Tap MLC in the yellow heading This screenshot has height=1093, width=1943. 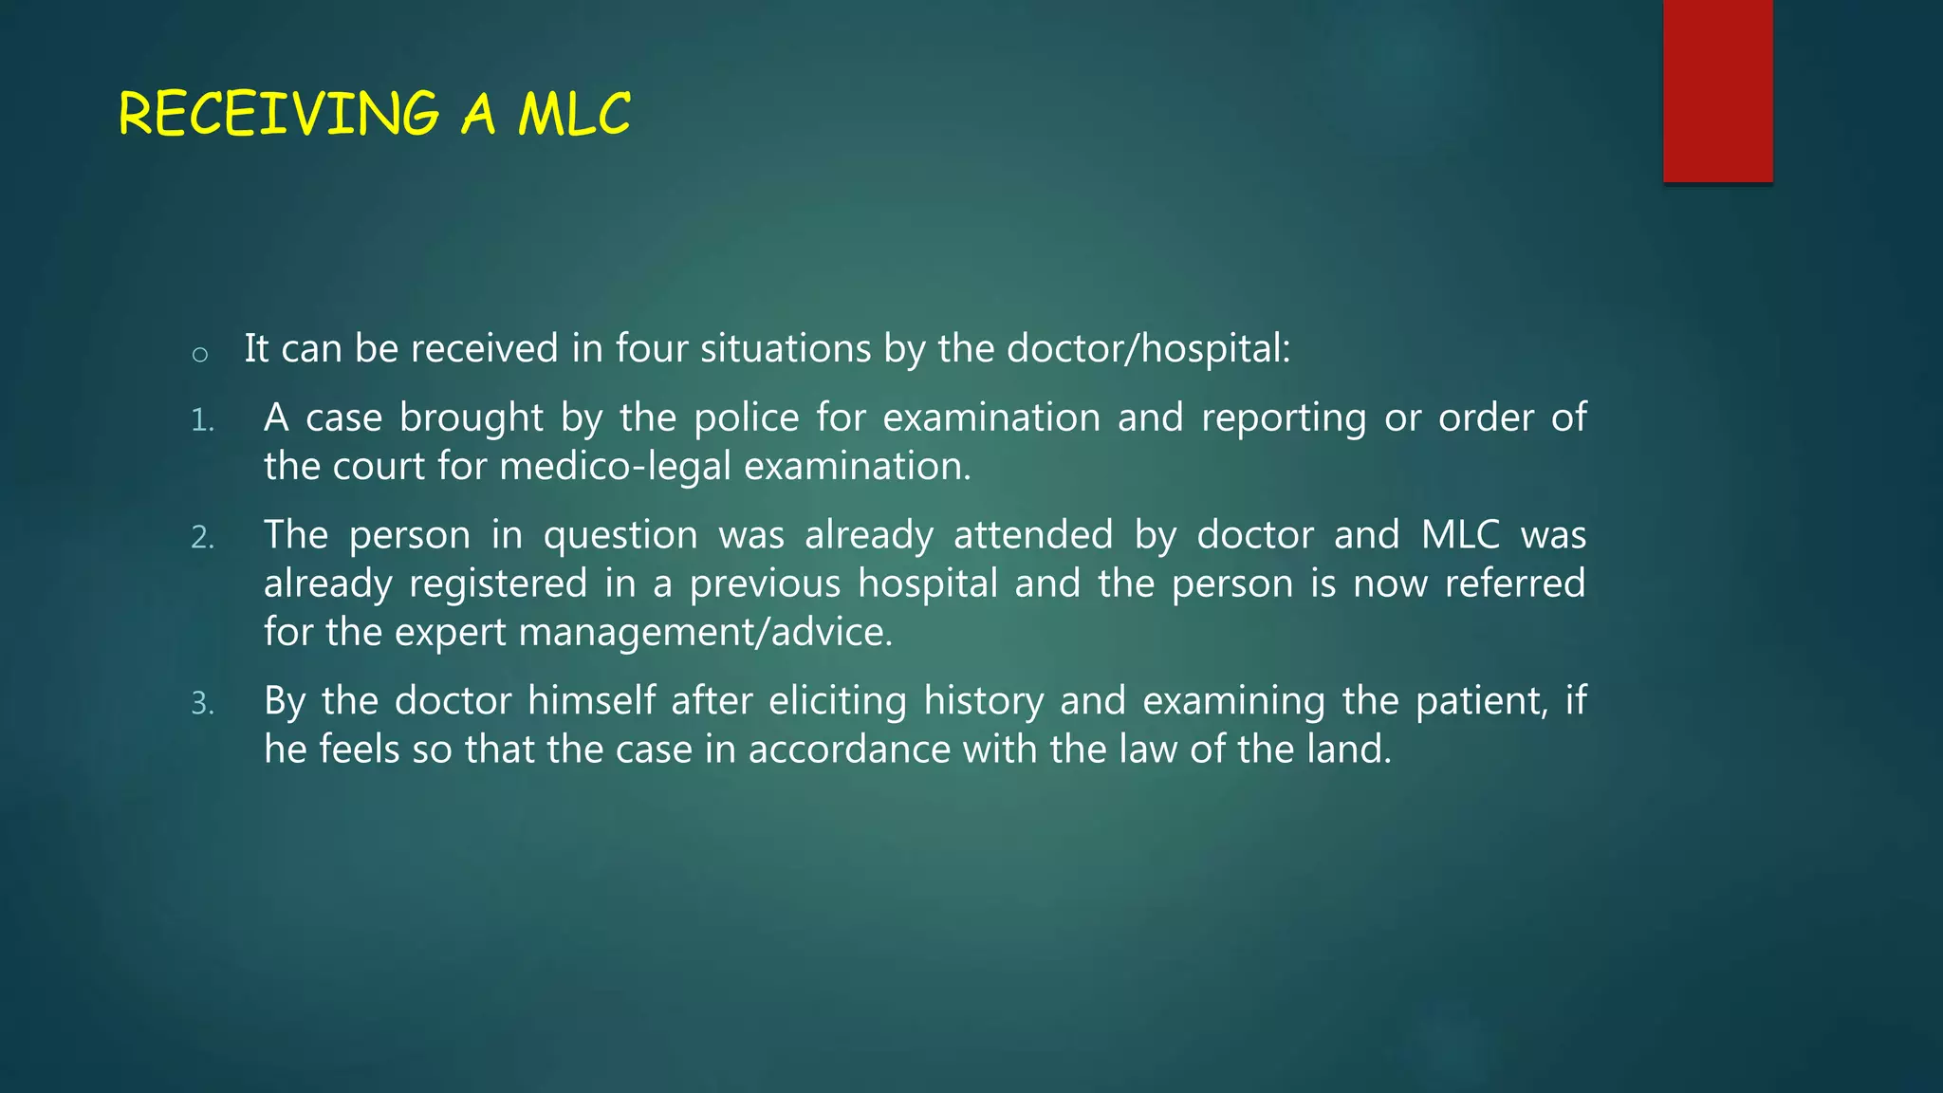pos(574,114)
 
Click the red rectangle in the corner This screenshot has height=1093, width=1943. pos(1717,91)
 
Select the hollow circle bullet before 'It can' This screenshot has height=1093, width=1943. pos(199,355)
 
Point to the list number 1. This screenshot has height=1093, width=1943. pos(202,420)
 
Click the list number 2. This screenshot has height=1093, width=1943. pos(202,538)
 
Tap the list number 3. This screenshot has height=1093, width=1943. pos(202,704)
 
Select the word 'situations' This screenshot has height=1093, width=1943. pos(785,348)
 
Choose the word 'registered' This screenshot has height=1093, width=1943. pos(498,584)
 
